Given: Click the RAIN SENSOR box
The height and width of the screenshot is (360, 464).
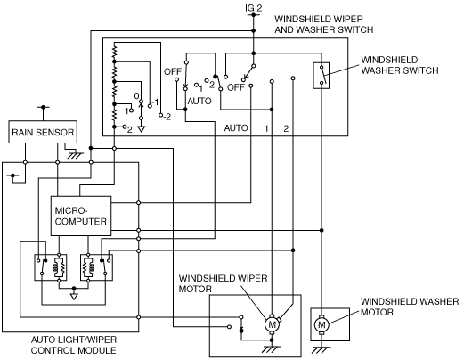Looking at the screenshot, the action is (x=43, y=132).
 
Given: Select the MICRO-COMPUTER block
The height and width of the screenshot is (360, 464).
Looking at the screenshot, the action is (x=81, y=216).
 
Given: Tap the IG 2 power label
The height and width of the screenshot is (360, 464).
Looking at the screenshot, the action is (x=254, y=8).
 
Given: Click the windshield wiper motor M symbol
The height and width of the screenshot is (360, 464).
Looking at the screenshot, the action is (x=272, y=324).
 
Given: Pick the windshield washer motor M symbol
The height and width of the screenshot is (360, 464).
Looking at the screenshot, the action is (x=322, y=324).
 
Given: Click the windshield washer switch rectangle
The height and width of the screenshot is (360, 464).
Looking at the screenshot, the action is (x=322, y=76).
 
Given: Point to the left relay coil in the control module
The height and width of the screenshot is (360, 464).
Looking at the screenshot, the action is (x=59, y=267).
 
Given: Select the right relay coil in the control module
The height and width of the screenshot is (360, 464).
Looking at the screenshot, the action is (x=88, y=267).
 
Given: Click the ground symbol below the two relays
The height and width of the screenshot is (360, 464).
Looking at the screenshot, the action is (x=74, y=296).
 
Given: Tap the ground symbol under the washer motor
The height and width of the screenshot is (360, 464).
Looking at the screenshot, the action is (x=322, y=349).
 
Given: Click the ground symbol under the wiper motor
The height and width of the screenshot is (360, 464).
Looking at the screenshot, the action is (x=272, y=349).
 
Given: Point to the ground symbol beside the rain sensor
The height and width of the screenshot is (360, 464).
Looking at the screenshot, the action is (x=75, y=155).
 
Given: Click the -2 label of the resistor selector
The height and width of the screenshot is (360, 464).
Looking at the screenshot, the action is (x=167, y=117).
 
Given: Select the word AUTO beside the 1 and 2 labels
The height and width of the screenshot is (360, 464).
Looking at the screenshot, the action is (x=236, y=128).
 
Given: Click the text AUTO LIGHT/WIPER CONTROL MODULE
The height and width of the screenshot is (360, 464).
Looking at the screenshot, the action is (x=74, y=345).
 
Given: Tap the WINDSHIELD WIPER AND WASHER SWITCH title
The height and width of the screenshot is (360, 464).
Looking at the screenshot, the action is (x=324, y=24).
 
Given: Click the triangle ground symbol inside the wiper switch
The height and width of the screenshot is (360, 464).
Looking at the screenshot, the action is (x=142, y=129).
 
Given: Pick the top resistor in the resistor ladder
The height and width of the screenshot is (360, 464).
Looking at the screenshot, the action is (x=114, y=52).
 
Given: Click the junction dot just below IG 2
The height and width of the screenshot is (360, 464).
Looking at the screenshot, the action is (x=253, y=30).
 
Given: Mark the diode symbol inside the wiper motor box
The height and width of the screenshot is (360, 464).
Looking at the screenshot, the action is (x=241, y=330).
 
